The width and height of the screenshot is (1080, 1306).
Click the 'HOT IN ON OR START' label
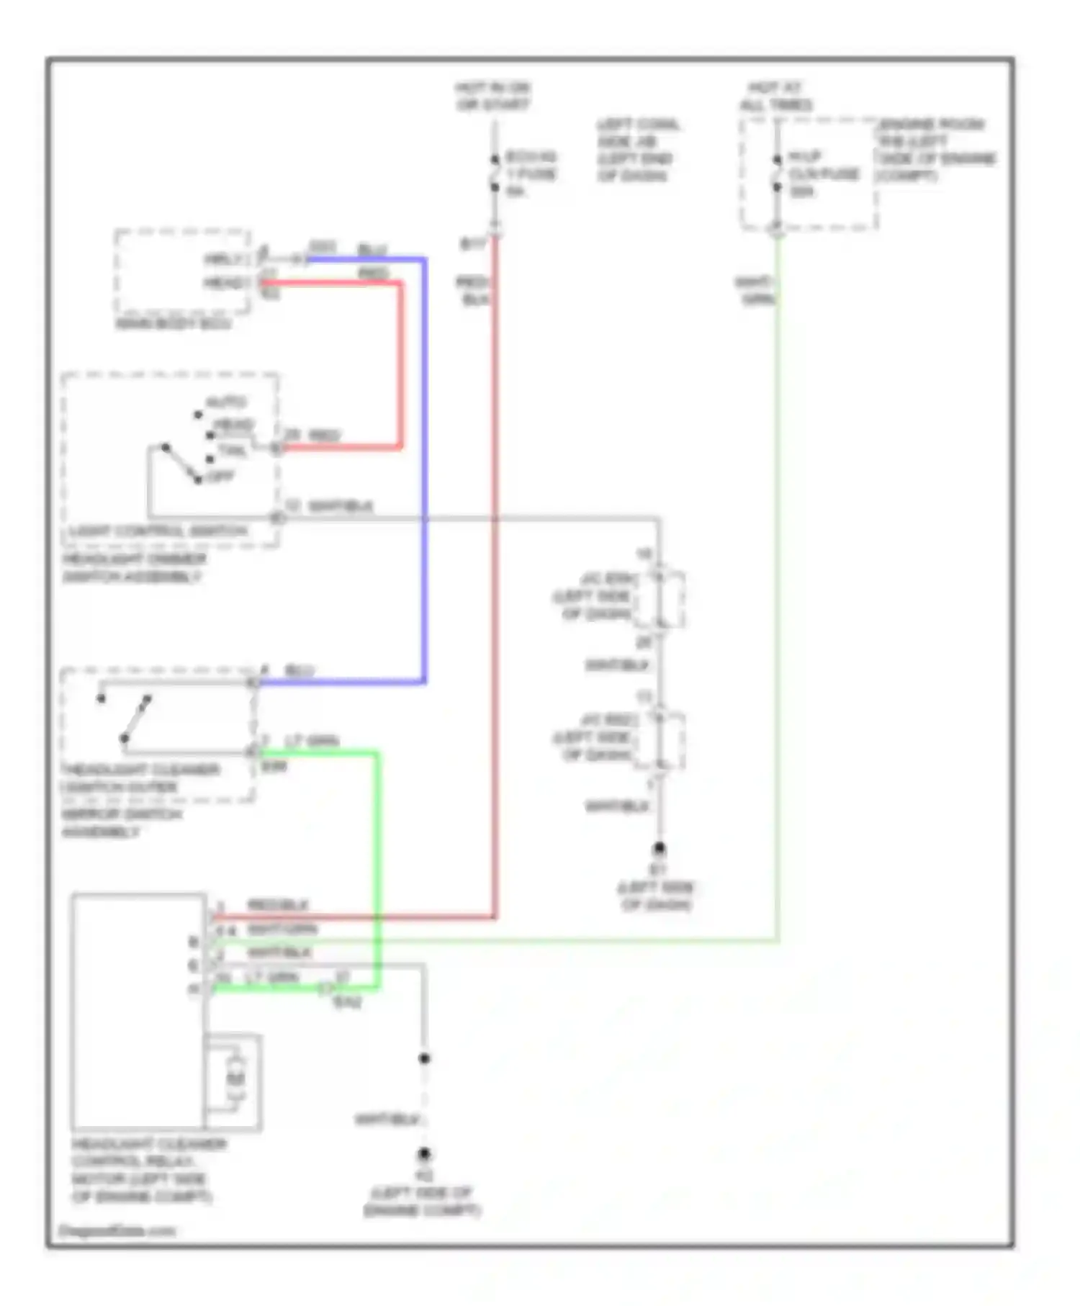[493, 96]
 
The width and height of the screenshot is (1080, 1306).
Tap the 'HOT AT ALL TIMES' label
[775, 96]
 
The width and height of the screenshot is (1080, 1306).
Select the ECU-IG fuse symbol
[495, 174]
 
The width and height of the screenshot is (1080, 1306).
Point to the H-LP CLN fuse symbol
[777, 174]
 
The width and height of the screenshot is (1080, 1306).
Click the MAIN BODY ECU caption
[174, 324]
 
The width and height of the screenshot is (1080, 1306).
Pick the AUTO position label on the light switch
[226, 402]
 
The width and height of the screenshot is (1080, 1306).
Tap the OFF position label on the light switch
[220, 477]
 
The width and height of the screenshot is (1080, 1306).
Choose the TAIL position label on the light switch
[232, 451]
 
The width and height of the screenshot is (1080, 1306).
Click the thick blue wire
[424, 468]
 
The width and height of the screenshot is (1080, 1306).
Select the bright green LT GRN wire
[377, 864]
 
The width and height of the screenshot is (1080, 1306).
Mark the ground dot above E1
[658, 849]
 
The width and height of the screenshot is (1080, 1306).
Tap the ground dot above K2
[424, 1154]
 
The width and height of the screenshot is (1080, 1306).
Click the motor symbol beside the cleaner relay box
[235, 1078]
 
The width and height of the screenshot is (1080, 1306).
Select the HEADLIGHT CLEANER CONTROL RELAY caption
[148, 1170]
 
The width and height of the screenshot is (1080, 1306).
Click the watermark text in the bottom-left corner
[117, 1230]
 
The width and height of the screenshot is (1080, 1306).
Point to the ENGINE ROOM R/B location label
[937, 150]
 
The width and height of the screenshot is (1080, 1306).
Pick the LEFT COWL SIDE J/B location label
[636, 150]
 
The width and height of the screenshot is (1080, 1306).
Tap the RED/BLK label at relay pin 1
[278, 905]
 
